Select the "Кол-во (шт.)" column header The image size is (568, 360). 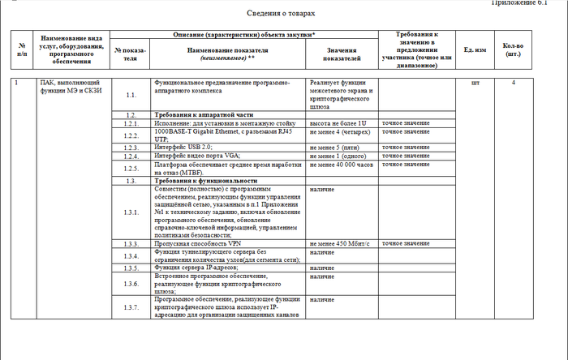[513, 50]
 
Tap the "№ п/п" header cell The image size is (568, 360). [22, 50]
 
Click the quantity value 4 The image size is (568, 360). [513, 84]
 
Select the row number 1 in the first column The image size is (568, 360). [19, 84]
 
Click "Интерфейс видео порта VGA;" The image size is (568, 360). [197, 156]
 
